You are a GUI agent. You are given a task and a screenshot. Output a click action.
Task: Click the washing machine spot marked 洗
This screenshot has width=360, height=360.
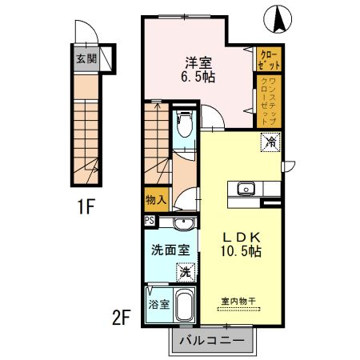[184, 272]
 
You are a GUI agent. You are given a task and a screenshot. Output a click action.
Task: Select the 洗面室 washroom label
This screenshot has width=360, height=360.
[170, 250]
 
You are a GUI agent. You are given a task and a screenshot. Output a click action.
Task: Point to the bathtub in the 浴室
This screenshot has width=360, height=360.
[184, 308]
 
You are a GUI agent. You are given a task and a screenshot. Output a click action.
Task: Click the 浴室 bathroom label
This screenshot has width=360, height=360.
[158, 305]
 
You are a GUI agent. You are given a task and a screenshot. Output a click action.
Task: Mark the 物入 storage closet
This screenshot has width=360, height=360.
[155, 201]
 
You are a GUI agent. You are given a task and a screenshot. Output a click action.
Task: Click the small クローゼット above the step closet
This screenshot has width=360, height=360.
[267, 58]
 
